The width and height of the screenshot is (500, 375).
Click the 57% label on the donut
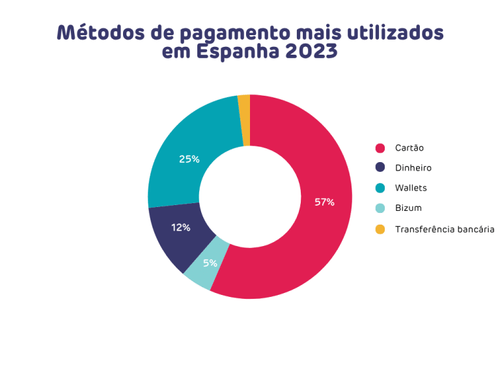[324, 202]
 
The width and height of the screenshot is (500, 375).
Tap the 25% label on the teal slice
[189, 159]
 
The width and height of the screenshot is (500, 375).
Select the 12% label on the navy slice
[180, 227]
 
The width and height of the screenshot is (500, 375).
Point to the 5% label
[210, 263]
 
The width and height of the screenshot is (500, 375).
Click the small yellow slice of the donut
[244, 120]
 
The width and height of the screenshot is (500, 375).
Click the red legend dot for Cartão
[380, 148]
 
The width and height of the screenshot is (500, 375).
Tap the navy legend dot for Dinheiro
[380, 168]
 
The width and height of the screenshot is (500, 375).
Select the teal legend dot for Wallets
[380, 188]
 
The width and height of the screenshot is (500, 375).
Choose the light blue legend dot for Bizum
[380, 208]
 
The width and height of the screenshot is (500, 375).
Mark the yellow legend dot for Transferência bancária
[380, 229]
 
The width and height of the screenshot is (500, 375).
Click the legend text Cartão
[410, 148]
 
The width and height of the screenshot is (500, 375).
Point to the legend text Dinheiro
[413, 168]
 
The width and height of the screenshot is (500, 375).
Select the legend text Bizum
[408, 208]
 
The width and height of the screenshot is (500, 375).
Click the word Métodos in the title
[96, 32]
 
